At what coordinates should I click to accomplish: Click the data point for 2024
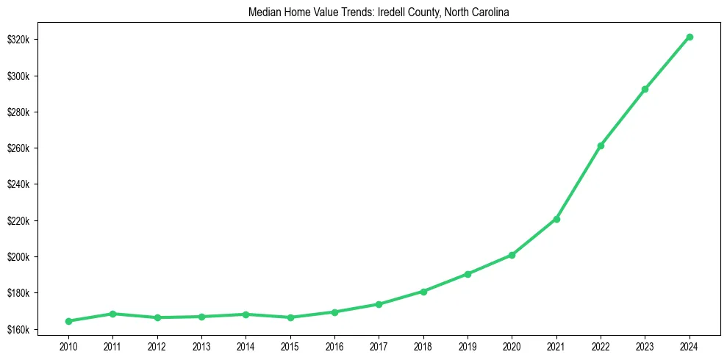tap(689, 37)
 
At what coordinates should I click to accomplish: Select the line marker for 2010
tap(68, 321)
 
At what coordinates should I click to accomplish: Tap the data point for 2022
tap(601, 145)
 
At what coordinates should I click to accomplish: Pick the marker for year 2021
tap(556, 219)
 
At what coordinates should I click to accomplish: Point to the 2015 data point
tap(290, 317)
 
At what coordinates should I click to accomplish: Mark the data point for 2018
tap(423, 291)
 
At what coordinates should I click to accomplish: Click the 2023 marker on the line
tap(645, 89)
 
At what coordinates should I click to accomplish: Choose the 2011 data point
tap(112, 314)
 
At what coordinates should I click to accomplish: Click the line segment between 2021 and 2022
tap(579, 182)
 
